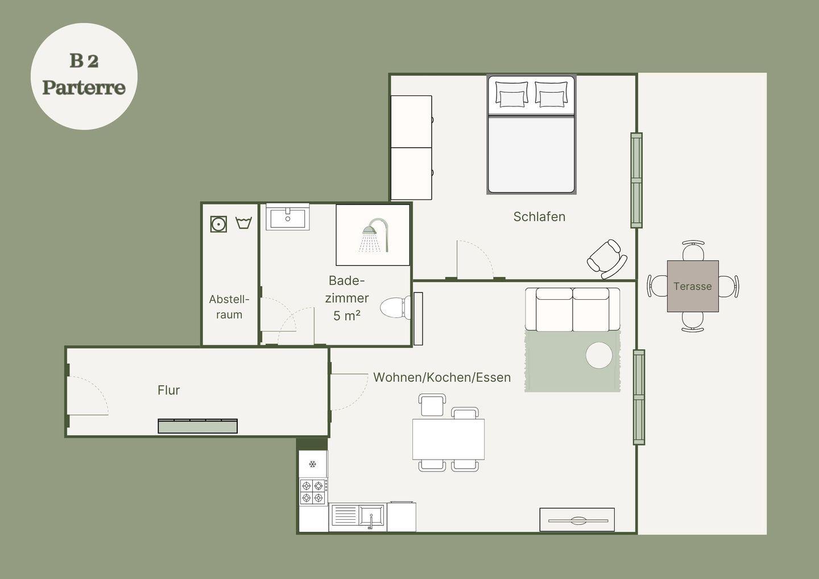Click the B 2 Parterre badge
[x=84, y=76]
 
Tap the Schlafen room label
[x=539, y=217]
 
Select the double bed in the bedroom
[x=531, y=134]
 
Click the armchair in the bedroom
[x=607, y=259]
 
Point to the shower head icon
[x=374, y=235]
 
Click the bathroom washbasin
[x=288, y=217]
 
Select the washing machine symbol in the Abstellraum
[x=218, y=224]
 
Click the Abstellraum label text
[x=229, y=307]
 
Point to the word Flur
[x=168, y=390]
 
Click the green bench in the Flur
[x=197, y=426]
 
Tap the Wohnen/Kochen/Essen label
[x=442, y=377]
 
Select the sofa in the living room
[x=573, y=309]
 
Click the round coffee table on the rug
[x=599, y=355]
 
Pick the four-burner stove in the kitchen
[x=313, y=492]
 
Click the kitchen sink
[x=358, y=516]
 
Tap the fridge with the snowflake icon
[x=313, y=464]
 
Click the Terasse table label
[x=693, y=286]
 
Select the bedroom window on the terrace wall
[x=636, y=180]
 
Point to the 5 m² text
[x=346, y=316]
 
